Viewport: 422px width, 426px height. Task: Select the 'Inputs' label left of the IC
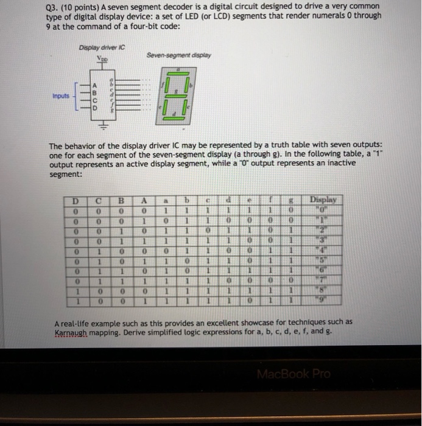pos(60,96)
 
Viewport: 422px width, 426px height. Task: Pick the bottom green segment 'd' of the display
pos(174,117)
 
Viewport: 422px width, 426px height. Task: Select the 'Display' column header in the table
pos(326,199)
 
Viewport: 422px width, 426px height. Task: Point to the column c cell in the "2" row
pos(208,229)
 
